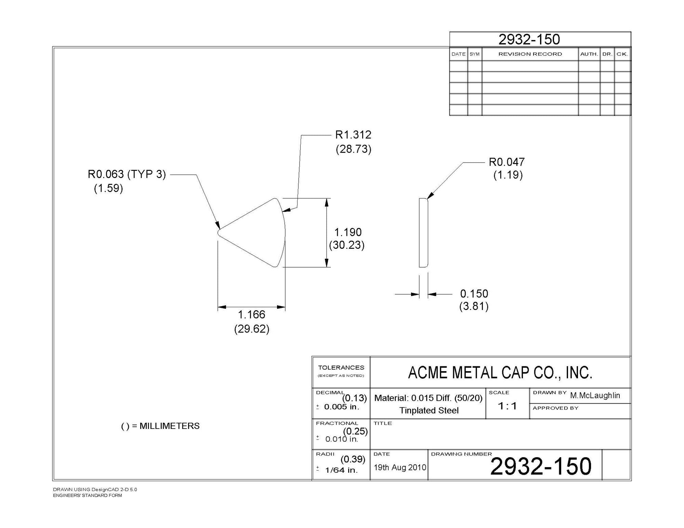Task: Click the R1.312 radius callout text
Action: (353, 135)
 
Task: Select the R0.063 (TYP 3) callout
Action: (127, 174)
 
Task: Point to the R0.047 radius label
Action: (507, 162)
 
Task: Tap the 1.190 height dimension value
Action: (348, 232)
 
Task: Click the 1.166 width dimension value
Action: (252, 314)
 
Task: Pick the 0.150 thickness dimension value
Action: (474, 294)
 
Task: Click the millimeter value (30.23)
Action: (347, 245)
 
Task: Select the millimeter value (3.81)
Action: (474, 306)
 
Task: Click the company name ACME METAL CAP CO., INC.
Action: (500, 373)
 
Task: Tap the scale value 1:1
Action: (508, 406)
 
